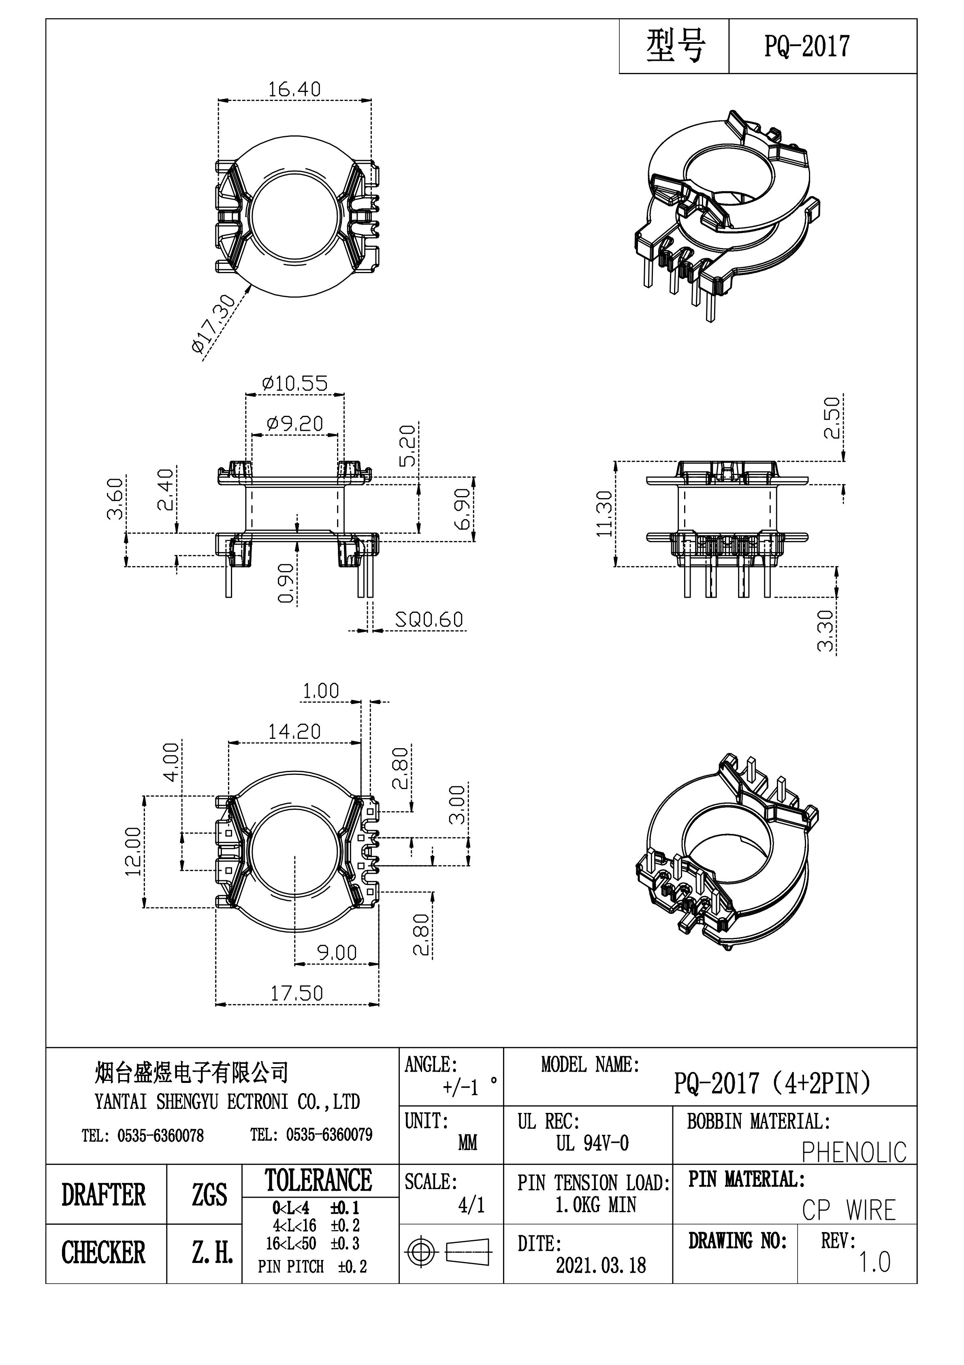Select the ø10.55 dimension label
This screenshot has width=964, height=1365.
point(295,383)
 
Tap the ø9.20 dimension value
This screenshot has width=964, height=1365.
point(295,424)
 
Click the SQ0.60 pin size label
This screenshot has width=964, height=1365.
point(429,620)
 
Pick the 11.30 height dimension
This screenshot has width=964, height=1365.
point(604,513)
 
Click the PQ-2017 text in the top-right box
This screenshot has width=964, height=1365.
point(806,46)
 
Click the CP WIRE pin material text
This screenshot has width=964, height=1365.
point(849,1211)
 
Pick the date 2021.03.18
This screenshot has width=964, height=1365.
point(600,1265)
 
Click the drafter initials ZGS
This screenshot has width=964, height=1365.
point(209,1195)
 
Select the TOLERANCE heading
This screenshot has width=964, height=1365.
point(318,1181)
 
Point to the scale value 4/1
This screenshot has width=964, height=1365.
point(471,1205)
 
